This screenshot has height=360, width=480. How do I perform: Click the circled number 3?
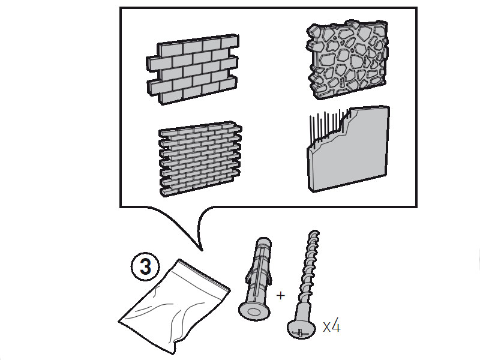(x=145, y=266)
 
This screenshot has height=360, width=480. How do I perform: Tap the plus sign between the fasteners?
(x=280, y=295)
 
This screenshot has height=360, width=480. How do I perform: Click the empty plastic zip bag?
(x=175, y=306)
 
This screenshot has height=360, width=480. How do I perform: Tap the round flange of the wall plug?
(x=254, y=311)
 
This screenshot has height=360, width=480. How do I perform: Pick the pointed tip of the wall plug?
(x=263, y=241)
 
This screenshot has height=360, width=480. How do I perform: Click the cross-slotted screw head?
(x=302, y=329)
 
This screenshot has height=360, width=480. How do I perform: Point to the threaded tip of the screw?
(x=314, y=233)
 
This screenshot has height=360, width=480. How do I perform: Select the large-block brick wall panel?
(x=193, y=70)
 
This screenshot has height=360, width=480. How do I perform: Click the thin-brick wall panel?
(x=200, y=158)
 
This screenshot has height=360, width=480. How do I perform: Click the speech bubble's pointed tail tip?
(x=202, y=250)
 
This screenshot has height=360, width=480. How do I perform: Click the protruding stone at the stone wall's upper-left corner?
(x=313, y=30)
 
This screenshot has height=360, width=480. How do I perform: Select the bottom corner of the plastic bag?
(x=175, y=353)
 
